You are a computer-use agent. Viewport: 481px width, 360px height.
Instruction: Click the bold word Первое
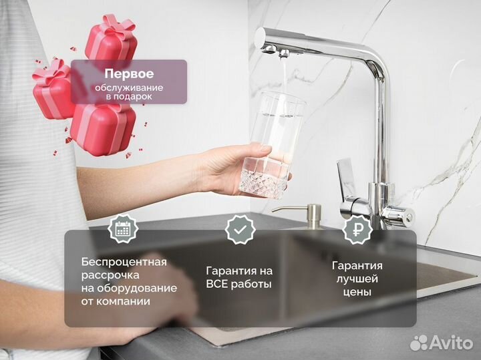coord(129,74)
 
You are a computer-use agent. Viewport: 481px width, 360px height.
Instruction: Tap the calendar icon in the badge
coord(123,229)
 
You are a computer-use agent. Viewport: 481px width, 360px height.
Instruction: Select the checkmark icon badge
coord(240,229)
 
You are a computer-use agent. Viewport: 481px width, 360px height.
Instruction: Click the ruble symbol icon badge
coord(357,229)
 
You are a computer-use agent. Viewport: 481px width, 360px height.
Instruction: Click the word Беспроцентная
coord(124,261)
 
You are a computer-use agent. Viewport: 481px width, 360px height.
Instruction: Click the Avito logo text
coord(451,343)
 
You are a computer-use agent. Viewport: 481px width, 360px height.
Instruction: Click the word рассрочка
coord(111,275)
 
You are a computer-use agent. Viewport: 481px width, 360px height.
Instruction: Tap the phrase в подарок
coord(129,97)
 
